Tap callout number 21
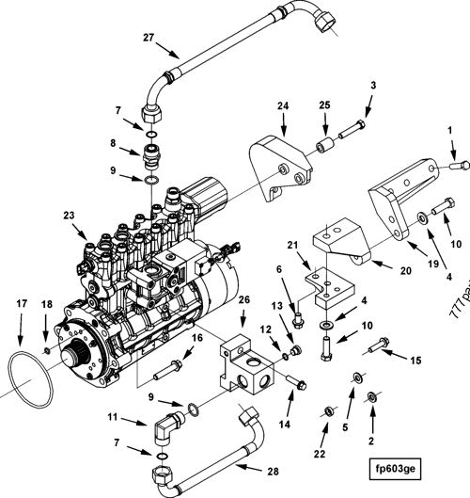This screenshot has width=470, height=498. (x=293, y=246)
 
